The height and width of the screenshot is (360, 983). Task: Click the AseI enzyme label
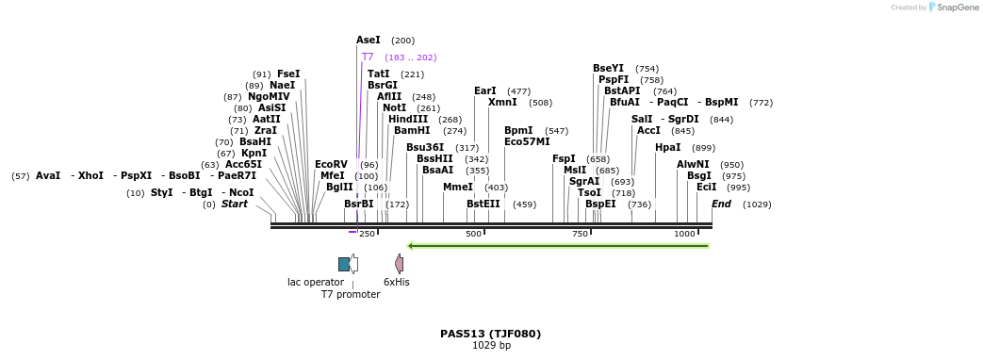(x=369, y=41)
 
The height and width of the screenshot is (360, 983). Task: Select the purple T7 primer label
(x=368, y=57)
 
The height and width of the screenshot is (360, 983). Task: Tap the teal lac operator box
(x=344, y=264)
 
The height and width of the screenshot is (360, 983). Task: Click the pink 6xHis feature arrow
(x=400, y=264)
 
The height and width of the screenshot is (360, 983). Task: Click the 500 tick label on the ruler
(x=473, y=234)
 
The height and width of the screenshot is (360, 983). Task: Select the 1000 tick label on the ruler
(x=684, y=234)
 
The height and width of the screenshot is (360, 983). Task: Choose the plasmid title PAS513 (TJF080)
(x=490, y=334)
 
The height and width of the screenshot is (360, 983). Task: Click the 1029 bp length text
(x=491, y=346)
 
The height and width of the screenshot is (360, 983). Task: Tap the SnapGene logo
(x=954, y=8)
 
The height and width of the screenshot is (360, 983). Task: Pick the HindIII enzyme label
(x=407, y=120)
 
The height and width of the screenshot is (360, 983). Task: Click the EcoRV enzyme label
(x=331, y=165)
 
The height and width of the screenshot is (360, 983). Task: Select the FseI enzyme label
(x=288, y=74)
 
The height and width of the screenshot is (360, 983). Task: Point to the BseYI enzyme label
(x=608, y=69)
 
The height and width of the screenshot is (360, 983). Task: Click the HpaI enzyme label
(x=667, y=148)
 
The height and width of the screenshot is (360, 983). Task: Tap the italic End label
(x=721, y=205)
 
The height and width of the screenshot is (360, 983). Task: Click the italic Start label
(x=235, y=205)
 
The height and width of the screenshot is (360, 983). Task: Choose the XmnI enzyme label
(x=502, y=103)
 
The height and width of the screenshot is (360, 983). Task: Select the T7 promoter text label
(x=351, y=295)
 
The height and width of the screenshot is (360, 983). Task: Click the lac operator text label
(x=316, y=282)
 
